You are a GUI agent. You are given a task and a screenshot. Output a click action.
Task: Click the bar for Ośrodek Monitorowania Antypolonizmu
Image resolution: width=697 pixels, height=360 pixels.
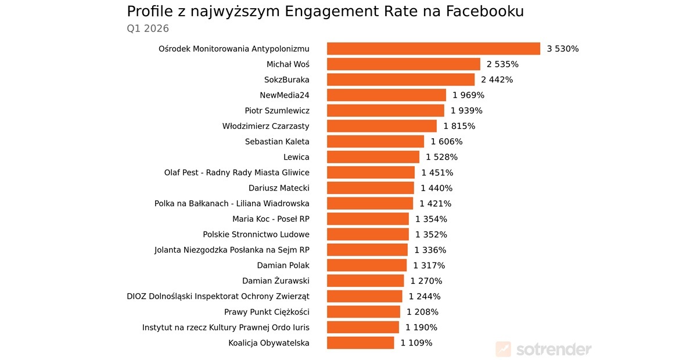(x=433, y=49)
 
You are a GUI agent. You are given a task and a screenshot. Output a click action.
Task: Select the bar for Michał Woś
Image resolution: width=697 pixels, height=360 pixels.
(x=404, y=64)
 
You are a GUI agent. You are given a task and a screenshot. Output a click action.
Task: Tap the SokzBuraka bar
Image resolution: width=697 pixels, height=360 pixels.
(x=401, y=80)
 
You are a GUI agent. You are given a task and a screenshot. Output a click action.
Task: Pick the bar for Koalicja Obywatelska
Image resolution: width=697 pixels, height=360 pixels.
(x=361, y=343)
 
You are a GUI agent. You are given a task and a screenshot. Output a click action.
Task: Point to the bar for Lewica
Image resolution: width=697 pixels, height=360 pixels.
(x=373, y=157)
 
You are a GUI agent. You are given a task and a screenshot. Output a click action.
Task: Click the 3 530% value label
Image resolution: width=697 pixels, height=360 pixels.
(x=563, y=49)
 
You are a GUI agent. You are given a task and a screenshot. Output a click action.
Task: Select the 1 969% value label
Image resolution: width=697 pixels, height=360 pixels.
(x=468, y=95)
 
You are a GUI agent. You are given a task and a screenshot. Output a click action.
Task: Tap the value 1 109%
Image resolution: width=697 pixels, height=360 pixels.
(x=416, y=343)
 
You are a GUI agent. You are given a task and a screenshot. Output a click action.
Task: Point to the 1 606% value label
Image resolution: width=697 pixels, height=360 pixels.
(x=447, y=142)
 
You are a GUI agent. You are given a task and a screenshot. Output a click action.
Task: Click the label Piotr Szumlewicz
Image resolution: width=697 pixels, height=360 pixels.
(x=277, y=110)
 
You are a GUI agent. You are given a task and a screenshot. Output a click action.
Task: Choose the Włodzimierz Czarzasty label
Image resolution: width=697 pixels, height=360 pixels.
(x=266, y=126)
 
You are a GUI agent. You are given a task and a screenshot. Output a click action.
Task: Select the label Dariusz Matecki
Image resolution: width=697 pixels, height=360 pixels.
(x=279, y=188)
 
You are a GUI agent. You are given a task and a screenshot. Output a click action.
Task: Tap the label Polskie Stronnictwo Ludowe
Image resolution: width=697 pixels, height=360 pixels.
(x=256, y=235)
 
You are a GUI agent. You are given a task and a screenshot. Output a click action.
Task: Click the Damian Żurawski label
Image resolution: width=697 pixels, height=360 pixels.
(x=276, y=281)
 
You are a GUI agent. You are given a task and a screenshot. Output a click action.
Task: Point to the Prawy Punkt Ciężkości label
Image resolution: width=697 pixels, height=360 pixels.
(x=267, y=312)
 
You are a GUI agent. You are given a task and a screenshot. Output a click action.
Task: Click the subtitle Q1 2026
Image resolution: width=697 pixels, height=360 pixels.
(x=148, y=28)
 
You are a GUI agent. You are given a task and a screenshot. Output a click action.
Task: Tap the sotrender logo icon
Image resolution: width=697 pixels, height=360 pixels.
(x=503, y=349)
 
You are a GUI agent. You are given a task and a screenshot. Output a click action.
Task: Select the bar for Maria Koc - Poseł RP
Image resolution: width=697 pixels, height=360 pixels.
(x=368, y=219)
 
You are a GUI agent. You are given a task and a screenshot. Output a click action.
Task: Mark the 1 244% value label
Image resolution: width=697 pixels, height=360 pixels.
(x=425, y=296)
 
